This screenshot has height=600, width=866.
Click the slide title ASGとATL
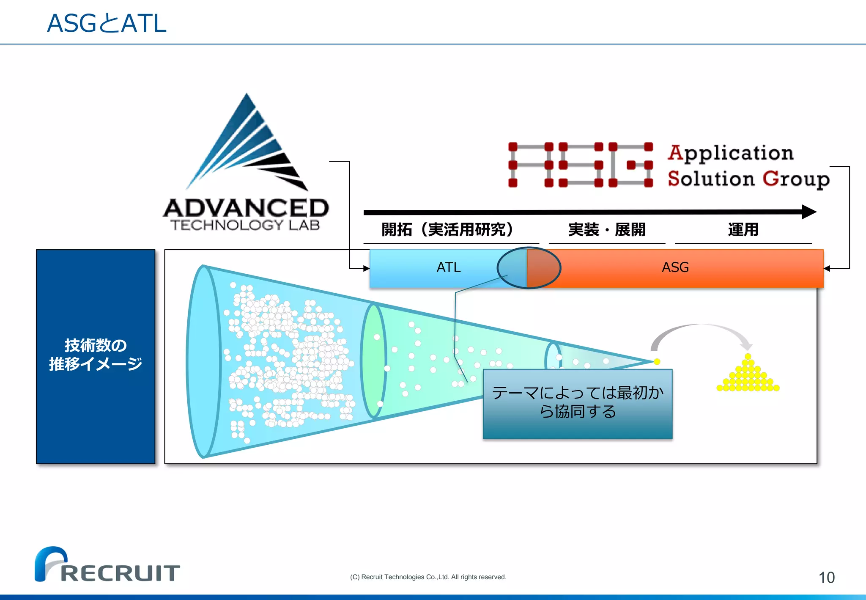point(107,23)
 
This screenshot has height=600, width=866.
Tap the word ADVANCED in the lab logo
point(246,208)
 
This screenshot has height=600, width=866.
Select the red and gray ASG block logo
point(581,165)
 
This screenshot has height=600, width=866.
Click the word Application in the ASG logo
point(731,153)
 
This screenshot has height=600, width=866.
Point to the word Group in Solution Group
point(796,179)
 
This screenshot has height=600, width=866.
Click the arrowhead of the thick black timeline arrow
point(809,212)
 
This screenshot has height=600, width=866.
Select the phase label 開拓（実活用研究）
point(447,230)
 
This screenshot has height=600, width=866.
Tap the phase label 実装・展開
point(607,230)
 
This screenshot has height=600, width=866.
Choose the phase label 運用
point(743,230)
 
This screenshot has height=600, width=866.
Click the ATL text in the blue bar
point(448,267)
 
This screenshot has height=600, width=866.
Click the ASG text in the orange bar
point(675,267)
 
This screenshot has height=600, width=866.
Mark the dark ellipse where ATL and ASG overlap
point(529,268)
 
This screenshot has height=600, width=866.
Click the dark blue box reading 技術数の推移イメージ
point(96,356)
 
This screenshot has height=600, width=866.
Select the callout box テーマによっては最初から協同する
point(577,404)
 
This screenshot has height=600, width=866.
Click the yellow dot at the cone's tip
point(657,361)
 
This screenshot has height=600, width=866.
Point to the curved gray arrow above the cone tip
point(700,330)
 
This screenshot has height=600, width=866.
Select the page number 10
point(826,578)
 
